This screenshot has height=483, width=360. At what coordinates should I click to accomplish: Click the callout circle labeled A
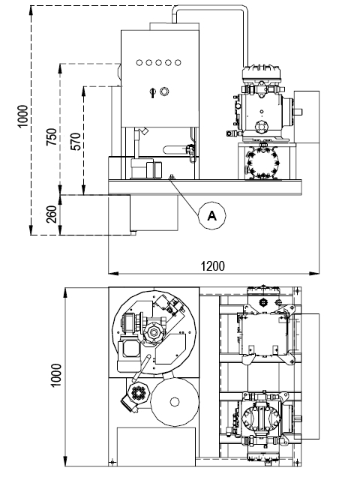(211, 216)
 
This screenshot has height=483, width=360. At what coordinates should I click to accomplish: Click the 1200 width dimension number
(212, 265)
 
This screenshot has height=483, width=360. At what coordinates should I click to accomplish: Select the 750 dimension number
(52, 136)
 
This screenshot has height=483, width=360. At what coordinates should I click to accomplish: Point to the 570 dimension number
(76, 142)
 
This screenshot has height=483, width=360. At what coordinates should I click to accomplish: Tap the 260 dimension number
(52, 214)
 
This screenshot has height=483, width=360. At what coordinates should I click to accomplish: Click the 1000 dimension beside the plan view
(56, 375)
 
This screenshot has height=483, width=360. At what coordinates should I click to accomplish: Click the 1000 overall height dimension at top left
(22, 116)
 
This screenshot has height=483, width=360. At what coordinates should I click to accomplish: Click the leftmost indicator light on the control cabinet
(139, 63)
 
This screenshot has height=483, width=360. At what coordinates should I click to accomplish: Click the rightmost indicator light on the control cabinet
(178, 63)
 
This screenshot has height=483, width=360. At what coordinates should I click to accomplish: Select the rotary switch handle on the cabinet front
(152, 92)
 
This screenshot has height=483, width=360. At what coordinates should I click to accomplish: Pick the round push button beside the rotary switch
(164, 91)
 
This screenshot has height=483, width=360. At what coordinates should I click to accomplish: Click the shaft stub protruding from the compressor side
(298, 112)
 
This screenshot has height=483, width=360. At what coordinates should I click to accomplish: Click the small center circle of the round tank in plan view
(175, 402)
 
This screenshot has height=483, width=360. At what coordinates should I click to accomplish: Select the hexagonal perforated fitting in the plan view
(138, 393)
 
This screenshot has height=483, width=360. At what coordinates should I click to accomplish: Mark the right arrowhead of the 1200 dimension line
(314, 273)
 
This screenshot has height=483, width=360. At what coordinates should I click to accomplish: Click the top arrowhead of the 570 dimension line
(83, 91)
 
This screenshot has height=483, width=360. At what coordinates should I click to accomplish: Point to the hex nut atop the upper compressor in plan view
(263, 302)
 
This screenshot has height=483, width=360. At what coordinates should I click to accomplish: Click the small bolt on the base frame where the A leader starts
(171, 176)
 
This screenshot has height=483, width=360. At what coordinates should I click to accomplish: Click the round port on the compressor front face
(261, 126)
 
